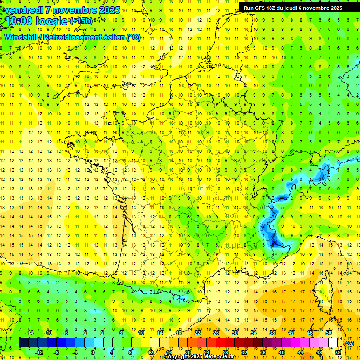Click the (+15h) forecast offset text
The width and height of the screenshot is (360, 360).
pos(81,21)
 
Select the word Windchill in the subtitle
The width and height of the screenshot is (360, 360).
pos(21,37)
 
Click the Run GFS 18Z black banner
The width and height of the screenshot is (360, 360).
pos(293,8)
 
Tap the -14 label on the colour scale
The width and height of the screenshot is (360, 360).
pos(30,333)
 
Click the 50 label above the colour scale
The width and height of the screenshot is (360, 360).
pos(328,333)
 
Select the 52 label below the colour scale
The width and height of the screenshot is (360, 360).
pos(337,352)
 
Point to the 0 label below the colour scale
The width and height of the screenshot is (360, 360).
pos(93,352)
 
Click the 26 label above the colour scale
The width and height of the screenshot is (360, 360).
pos(216,333)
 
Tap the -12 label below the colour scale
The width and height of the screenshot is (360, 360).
pos(39,352)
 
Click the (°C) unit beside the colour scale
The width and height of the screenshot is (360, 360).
pos(349,343)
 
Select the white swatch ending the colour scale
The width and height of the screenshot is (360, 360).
pos(333,343)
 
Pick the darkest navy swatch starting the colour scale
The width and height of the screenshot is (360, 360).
pos(23,343)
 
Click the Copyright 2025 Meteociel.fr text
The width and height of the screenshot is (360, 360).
pos(199,357)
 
